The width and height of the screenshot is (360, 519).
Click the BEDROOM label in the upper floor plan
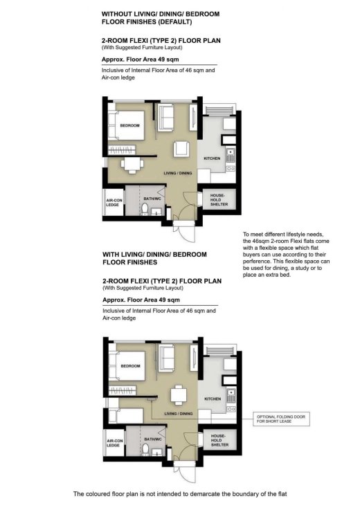129,125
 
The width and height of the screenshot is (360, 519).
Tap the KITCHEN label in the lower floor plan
212,400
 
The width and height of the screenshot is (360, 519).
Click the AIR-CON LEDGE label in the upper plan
114,202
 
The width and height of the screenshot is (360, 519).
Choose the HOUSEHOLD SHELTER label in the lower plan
218,439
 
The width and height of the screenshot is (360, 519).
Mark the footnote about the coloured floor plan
179,494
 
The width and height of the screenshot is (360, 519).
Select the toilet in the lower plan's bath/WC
145,449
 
